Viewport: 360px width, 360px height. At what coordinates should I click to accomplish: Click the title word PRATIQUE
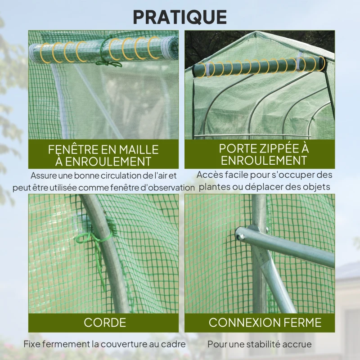pos(180,17)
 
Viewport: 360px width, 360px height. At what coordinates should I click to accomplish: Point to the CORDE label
pos(104,322)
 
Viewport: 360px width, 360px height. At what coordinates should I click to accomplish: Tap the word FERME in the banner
pos(303,322)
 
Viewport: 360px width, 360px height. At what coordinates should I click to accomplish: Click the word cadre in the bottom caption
pos(173,344)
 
